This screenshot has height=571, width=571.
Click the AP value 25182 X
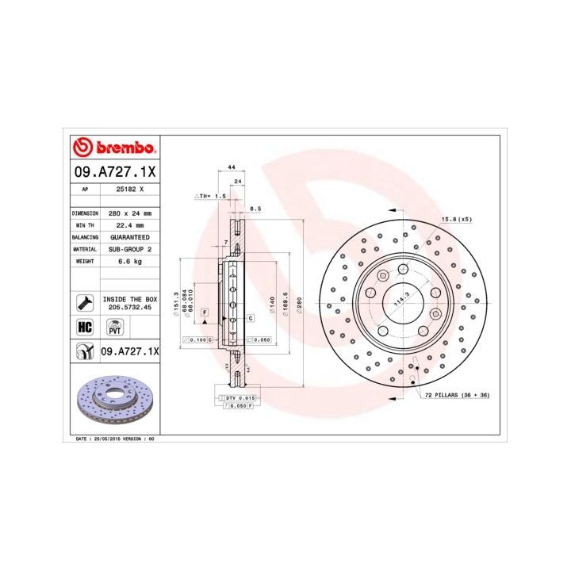[130, 190]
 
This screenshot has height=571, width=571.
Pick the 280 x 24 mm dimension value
[129, 213]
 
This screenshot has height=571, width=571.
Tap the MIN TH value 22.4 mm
[129, 225]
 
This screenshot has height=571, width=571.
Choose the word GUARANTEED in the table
[129, 237]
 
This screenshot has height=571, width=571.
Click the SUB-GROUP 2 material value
[129, 249]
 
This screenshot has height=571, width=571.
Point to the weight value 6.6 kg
[129, 261]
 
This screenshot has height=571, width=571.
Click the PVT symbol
[114, 327]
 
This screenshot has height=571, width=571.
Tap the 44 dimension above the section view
[231, 168]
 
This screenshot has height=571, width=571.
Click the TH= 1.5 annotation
[211, 194]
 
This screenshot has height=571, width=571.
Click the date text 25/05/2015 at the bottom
[106, 438]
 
